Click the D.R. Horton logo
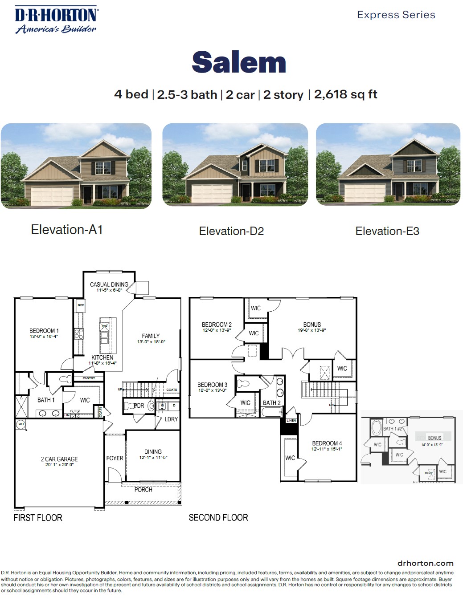pos(56,20)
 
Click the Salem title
pos(239,62)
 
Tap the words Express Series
pos(396,15)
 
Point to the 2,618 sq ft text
pos(345,94)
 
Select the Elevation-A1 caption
pos(67,230)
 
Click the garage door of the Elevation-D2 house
pos(212,193)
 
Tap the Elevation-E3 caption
pos(387,231)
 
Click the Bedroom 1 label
pos(44,331)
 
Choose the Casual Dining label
pos(109,284)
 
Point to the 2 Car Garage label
pos(59,459)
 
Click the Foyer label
pos(115,458)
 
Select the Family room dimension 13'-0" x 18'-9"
pos(151,342)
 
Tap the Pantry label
pos(89,378)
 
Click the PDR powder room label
pos(139,406)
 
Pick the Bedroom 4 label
pos(327,443)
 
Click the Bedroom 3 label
pos(212,385)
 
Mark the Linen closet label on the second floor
pos(291,420)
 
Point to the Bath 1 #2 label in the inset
pos(393,429)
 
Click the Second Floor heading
pos(218,517)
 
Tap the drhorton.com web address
pos(425,563)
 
